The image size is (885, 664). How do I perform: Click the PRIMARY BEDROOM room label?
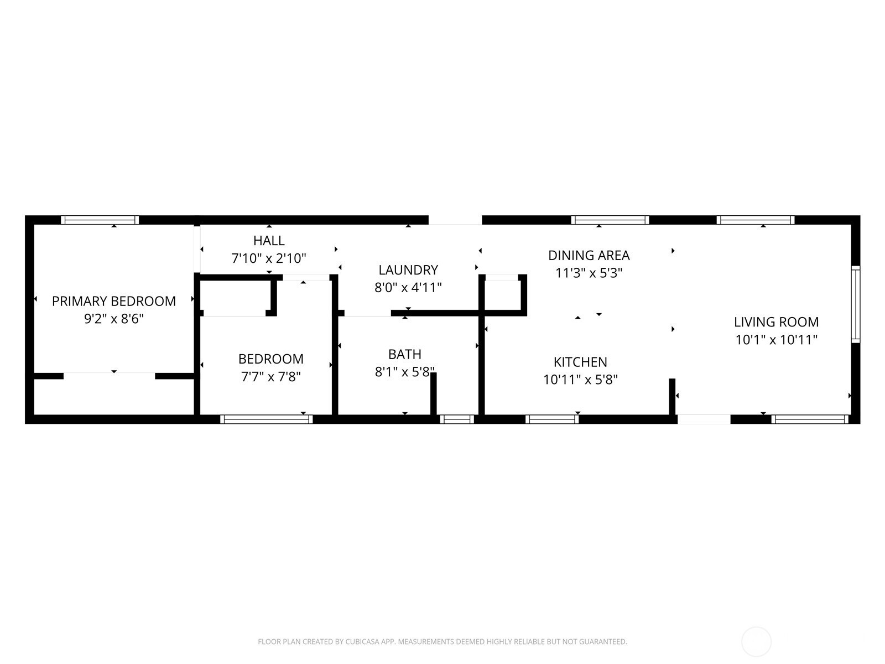114,301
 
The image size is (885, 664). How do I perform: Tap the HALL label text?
269,241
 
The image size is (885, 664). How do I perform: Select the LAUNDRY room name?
408,269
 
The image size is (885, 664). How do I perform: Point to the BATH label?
405,354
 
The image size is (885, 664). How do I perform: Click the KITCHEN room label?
580,362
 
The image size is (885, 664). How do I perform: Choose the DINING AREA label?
589,255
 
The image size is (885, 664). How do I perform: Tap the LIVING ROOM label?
776,321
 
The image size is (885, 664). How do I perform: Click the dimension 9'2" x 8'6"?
114,319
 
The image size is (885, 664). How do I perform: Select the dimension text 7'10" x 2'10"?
269,258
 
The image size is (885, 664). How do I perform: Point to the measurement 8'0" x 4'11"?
408,287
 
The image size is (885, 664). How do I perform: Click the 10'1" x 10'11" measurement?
776,339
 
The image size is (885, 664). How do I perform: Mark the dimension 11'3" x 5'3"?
589,273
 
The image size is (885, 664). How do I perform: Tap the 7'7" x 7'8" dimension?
271,377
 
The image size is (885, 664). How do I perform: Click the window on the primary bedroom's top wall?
100,220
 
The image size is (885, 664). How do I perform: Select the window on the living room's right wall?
856,304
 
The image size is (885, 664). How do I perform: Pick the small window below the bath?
457,419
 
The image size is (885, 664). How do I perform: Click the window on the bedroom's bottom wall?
267,419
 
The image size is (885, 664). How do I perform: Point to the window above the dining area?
610,220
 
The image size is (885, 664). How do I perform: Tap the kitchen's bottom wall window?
552,419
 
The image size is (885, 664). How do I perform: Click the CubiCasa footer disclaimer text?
442,641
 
